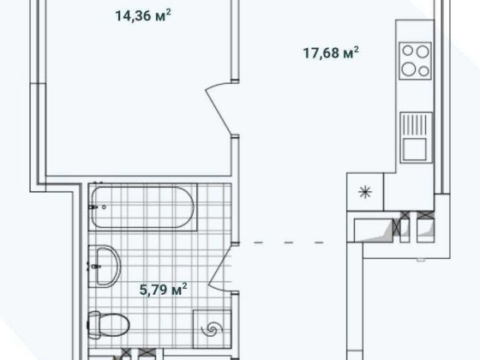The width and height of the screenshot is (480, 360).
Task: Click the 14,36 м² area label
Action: [141, 14]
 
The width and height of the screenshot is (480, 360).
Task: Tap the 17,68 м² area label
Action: [329, 53]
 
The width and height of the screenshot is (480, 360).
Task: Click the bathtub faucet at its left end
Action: [94, 207]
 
